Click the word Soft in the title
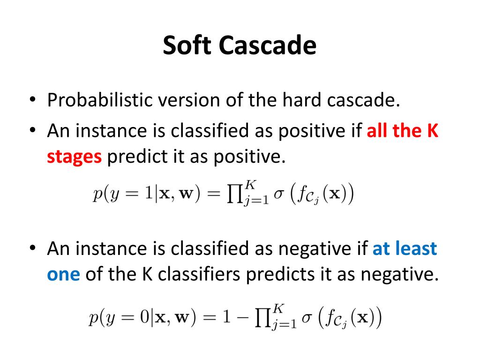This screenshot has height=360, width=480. click(x=187, y=46)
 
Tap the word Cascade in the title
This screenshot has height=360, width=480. click(x=268, y=46)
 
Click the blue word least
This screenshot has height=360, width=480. click(x=415, y=248)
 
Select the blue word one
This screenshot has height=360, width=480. click(x=63, y=274)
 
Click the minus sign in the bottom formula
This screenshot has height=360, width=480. click(x=243, y=318)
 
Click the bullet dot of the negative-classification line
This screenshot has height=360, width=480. click(x=32, y=248)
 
